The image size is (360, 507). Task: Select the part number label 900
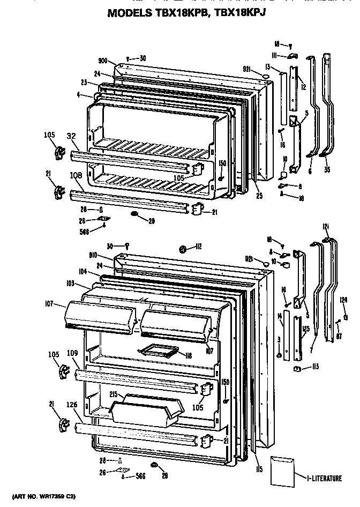pos(104,61)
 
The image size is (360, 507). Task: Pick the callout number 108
pos(76,174)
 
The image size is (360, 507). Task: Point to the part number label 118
pos(189,355)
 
